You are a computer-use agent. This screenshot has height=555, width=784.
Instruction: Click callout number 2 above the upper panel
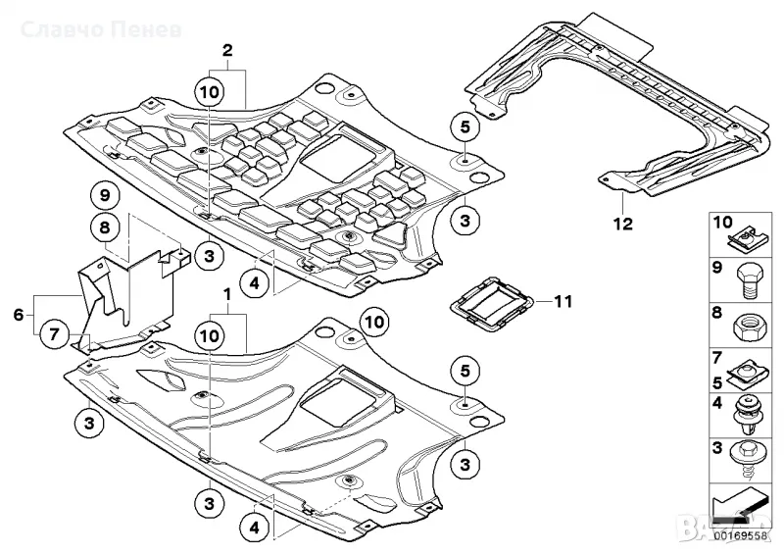pos(227,49)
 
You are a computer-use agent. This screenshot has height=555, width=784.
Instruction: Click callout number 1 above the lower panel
pos(227,294)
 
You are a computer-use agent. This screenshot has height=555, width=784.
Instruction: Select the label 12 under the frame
pos(623,224)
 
